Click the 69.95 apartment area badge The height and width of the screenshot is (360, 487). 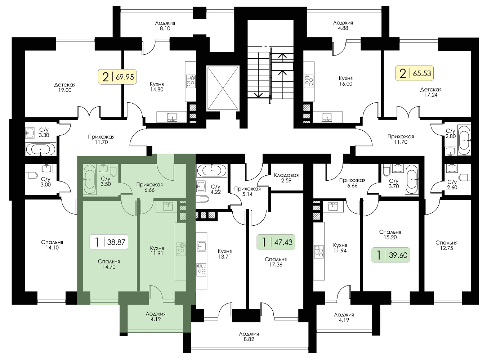117,77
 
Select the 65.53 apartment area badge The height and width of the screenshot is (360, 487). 414,73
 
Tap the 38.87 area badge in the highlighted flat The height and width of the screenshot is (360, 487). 109,242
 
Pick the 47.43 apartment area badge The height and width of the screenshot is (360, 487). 276,242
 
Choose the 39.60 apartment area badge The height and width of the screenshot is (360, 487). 390,255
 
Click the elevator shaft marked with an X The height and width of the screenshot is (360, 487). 223,88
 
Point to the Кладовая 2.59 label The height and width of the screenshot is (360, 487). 286,178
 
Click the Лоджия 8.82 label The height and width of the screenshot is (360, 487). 249,336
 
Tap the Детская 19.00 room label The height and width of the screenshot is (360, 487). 65,87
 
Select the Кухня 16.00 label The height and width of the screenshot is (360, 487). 345,81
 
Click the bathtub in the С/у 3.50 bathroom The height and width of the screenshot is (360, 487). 90,180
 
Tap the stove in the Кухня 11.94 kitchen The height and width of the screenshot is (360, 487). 319,252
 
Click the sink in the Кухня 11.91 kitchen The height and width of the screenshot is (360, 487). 168,207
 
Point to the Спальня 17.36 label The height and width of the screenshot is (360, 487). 276,262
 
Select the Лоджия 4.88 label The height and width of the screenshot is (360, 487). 343,26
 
